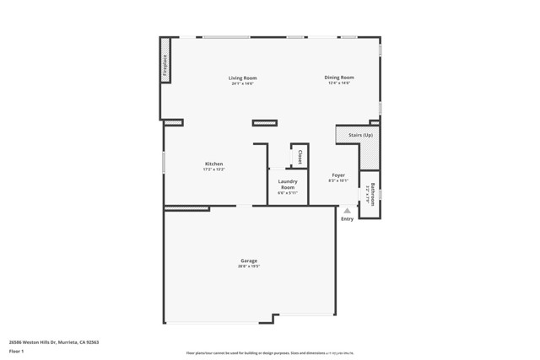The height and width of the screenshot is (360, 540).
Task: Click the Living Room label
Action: (242, 78)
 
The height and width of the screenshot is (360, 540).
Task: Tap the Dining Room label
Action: (338, 78)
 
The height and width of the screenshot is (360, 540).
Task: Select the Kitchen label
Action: (213, 164)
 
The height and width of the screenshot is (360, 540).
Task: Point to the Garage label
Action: (248, 261)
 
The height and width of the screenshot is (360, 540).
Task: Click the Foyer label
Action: (338, 175)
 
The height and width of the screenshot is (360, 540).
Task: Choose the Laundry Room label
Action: (288, 184)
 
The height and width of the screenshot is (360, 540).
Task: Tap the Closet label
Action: (300, 157)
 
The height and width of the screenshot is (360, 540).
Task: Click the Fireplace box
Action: (165, 66)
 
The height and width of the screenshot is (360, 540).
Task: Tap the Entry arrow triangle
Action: (347, 209)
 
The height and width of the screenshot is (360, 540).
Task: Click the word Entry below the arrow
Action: (347, 219)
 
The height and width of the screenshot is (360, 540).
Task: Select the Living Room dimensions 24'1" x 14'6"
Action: (242, 83)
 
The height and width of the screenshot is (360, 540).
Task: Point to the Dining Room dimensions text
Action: (338, 83)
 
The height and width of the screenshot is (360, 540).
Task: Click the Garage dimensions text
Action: (248, 266)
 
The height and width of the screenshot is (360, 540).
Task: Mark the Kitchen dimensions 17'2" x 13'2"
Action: (213, 169)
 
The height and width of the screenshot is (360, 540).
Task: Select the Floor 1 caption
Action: (16, 350)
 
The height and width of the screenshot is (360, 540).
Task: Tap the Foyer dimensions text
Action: (338, 180)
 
